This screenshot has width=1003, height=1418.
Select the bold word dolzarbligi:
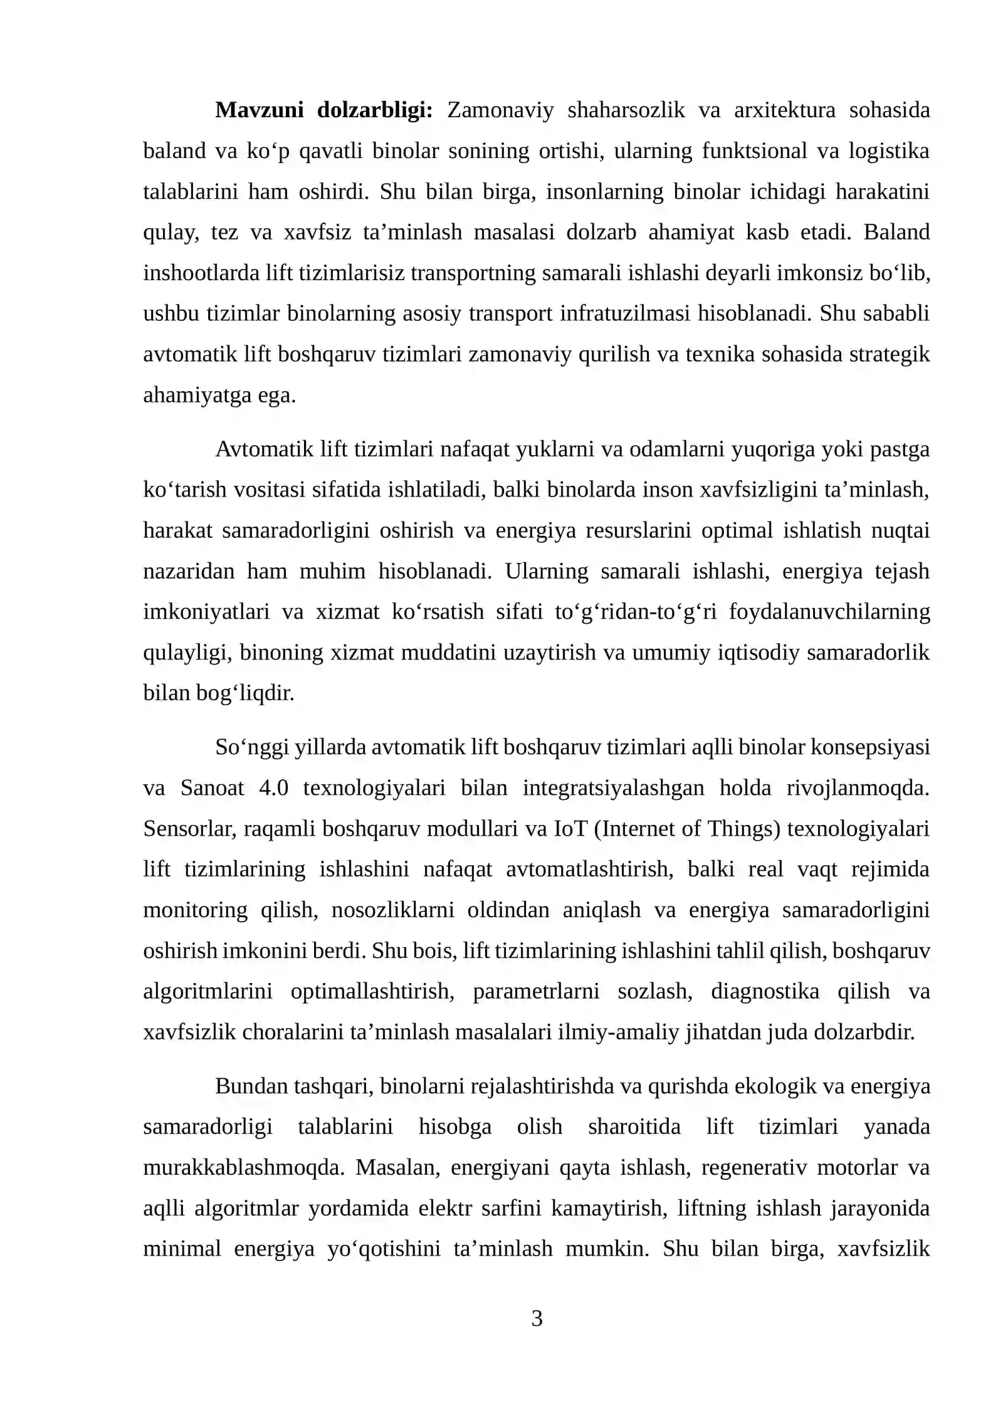click(x=374, y=110)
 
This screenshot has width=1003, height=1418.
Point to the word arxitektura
click(x=784, y=110)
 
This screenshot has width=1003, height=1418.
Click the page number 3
click(x=537, y=1318)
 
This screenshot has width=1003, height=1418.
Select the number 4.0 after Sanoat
click(x=273, y=788)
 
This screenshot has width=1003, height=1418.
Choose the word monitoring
click(x=195, y=910)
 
